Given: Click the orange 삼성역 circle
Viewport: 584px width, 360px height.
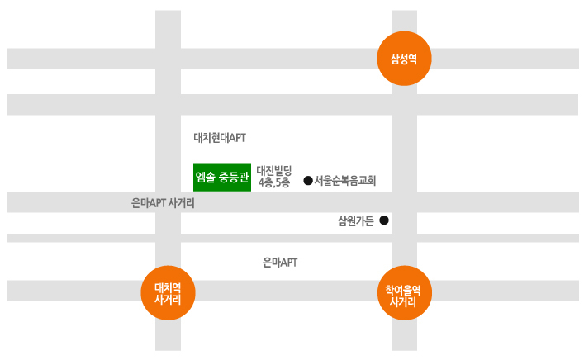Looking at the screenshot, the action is click(x=404, y=59).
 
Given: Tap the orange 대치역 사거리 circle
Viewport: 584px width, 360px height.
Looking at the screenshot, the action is click(x=168, y=293).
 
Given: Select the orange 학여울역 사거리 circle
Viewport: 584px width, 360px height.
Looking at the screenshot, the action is click(x=405, y=293).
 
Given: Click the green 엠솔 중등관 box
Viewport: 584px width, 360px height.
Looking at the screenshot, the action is click(x=222, y=178).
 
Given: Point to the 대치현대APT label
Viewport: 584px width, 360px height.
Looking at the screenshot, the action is click(x=220, y=138).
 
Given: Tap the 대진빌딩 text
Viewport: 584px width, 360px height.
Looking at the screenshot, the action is click(x=274, y=171).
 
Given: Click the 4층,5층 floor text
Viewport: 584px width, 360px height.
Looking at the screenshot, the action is click(x=274, y=182).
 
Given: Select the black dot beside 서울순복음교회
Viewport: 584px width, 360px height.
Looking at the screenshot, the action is click(x=308, y=181).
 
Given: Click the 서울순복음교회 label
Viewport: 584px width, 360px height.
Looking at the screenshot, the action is click(x=345, y=181).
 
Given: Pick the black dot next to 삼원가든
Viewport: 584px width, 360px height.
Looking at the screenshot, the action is click(x=384, y=220).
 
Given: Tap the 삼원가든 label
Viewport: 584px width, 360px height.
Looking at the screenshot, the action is click(x=356, y=221).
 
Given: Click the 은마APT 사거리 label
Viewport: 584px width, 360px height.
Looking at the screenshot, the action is click(x=163, y=203).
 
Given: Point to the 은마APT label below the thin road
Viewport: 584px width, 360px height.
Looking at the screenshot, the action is click(x=280, y=263).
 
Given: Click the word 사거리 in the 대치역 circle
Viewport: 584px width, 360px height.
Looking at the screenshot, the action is click(x=168, y=300).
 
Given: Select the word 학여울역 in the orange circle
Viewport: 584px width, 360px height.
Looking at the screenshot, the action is click(x=403, y=290).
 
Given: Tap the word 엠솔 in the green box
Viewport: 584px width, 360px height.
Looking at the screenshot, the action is click(x=206, y=178).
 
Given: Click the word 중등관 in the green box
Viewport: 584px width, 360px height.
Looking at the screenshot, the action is click(x=234, y=178).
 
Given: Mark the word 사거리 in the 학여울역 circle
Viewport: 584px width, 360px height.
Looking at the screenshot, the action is click(x=403, y=301).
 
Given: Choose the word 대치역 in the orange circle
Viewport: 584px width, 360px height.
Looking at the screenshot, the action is click(x=168, y=288).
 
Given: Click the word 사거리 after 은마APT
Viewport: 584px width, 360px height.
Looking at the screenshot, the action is click(x=182, y=203).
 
